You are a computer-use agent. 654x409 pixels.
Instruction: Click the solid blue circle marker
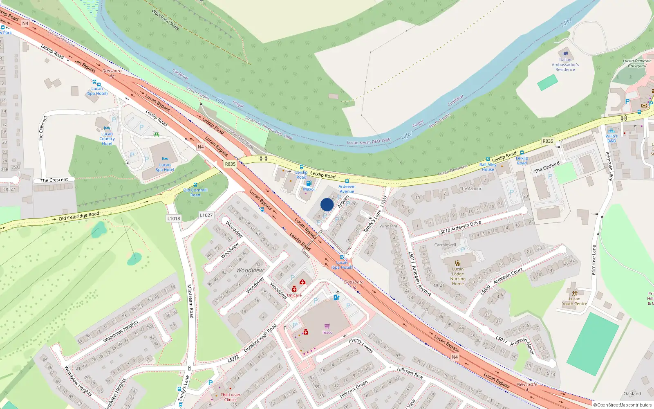pos(327,204)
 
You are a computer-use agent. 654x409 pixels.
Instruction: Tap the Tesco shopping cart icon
pos(327,326)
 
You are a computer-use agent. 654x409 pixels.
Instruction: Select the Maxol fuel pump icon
pos(309,184)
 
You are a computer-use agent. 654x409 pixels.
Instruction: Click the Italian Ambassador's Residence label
pos(565,65)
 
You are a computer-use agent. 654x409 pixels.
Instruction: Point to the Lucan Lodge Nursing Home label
pos(458,276)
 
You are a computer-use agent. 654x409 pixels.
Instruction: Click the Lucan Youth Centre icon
pos(574,293)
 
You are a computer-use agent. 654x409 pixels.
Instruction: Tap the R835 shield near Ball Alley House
pos(548,141)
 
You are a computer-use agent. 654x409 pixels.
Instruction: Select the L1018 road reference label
pos(174,218)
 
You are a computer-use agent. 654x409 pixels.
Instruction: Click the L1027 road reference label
pos(206,215)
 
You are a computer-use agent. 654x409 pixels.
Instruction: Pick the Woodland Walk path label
pos(165,20)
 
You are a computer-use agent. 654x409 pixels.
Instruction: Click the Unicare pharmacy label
pos(294,295)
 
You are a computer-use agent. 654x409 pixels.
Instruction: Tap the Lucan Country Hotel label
pos(107,139)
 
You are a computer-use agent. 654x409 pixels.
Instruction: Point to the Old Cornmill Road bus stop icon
pos(195,185)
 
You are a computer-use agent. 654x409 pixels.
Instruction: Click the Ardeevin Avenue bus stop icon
pos(347,181)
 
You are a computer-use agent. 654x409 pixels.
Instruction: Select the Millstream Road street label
pos(190,301)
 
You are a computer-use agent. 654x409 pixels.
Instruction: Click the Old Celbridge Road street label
pos(78,216)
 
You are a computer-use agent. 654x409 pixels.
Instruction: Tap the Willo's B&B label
pos(611,139)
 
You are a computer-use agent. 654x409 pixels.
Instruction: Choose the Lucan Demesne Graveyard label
pos(637,63)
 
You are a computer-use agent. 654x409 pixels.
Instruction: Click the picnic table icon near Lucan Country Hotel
pos(156,134)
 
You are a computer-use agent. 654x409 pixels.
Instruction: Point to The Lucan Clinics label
pos(230,397)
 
